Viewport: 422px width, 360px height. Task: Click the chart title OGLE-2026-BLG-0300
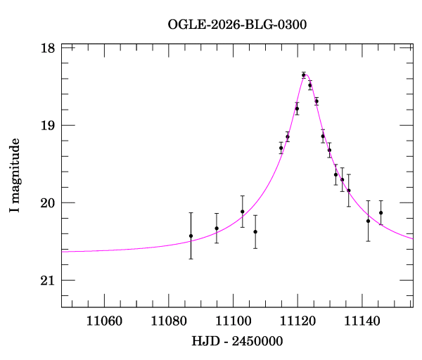click(x=237, y=24)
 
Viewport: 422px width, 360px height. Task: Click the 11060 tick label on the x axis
click(x=104, y=321)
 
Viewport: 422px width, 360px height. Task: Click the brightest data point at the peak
click(x=304, y=75)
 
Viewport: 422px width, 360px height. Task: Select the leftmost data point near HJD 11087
click(x=191, y=236)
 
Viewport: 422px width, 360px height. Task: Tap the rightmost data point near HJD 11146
click(x=381, y=212)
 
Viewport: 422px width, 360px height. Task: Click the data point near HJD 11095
click(x=217, y=228)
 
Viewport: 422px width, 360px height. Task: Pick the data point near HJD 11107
click(x=255, y=231)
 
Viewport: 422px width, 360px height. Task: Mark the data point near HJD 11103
click(x=243, y=212)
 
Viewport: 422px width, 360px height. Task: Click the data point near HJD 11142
click(x=368, y=221)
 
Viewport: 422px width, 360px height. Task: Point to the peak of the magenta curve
click(x=305, y=74)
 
